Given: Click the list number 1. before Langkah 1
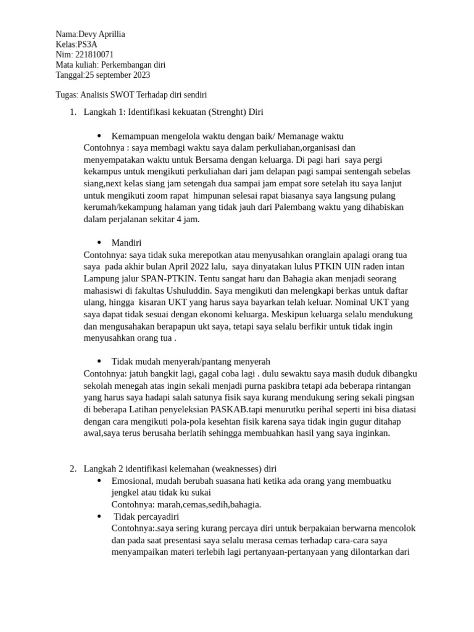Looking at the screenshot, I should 73,112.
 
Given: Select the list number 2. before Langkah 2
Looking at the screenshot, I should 73,468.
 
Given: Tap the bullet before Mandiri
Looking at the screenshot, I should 99,243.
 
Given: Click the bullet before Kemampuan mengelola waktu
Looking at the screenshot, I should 99,136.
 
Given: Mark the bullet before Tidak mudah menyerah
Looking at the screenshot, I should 99,361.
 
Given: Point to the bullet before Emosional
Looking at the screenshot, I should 99,480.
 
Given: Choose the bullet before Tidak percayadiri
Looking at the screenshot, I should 99,516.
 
